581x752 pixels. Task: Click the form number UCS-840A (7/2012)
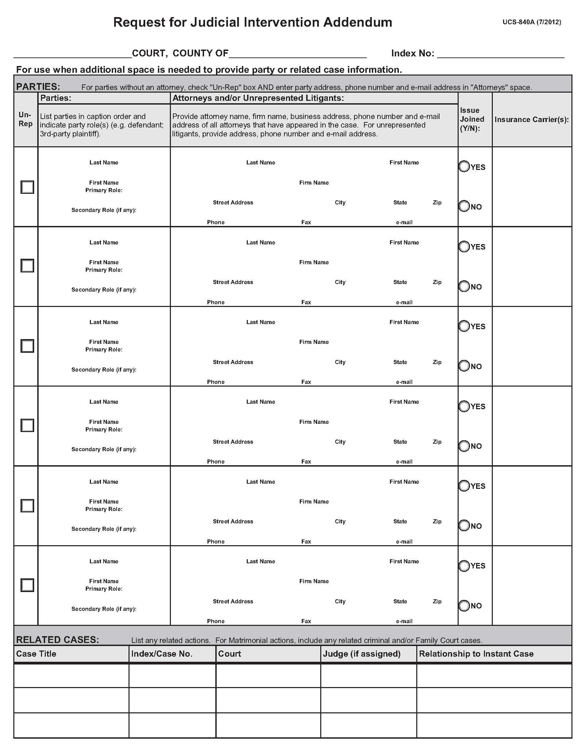531,22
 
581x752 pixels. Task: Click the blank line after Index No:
500,53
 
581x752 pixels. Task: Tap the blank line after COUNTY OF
297,53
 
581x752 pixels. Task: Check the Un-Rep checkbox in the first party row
27,187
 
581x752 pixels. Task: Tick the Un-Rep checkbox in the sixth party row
27,585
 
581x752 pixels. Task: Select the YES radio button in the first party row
464,166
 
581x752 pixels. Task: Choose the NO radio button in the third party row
464,366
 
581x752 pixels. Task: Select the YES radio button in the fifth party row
464,485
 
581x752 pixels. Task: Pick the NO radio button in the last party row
464,605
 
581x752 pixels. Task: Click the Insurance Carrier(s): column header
531,120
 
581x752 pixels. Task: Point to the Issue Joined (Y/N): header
472,119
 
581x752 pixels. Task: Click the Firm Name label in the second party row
313,263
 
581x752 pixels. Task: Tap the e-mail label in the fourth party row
404,461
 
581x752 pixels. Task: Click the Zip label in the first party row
437,202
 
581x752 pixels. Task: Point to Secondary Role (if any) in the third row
104,370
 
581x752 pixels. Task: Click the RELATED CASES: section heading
57,640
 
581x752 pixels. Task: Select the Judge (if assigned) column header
361,654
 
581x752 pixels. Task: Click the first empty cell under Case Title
71,675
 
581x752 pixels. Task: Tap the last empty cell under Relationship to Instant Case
494,725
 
